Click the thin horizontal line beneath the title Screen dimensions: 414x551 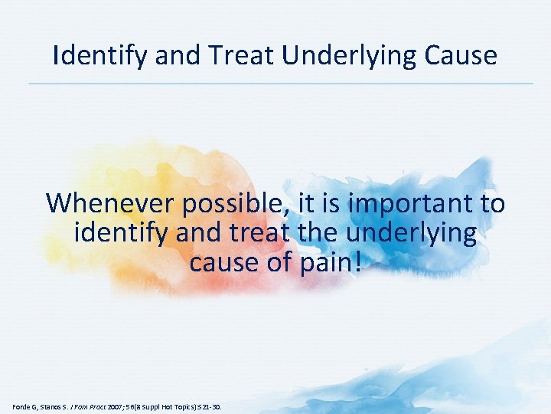[x=280, y=84]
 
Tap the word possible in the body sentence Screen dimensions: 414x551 [x=233, y=204]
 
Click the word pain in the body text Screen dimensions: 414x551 [x=320, y=262]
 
